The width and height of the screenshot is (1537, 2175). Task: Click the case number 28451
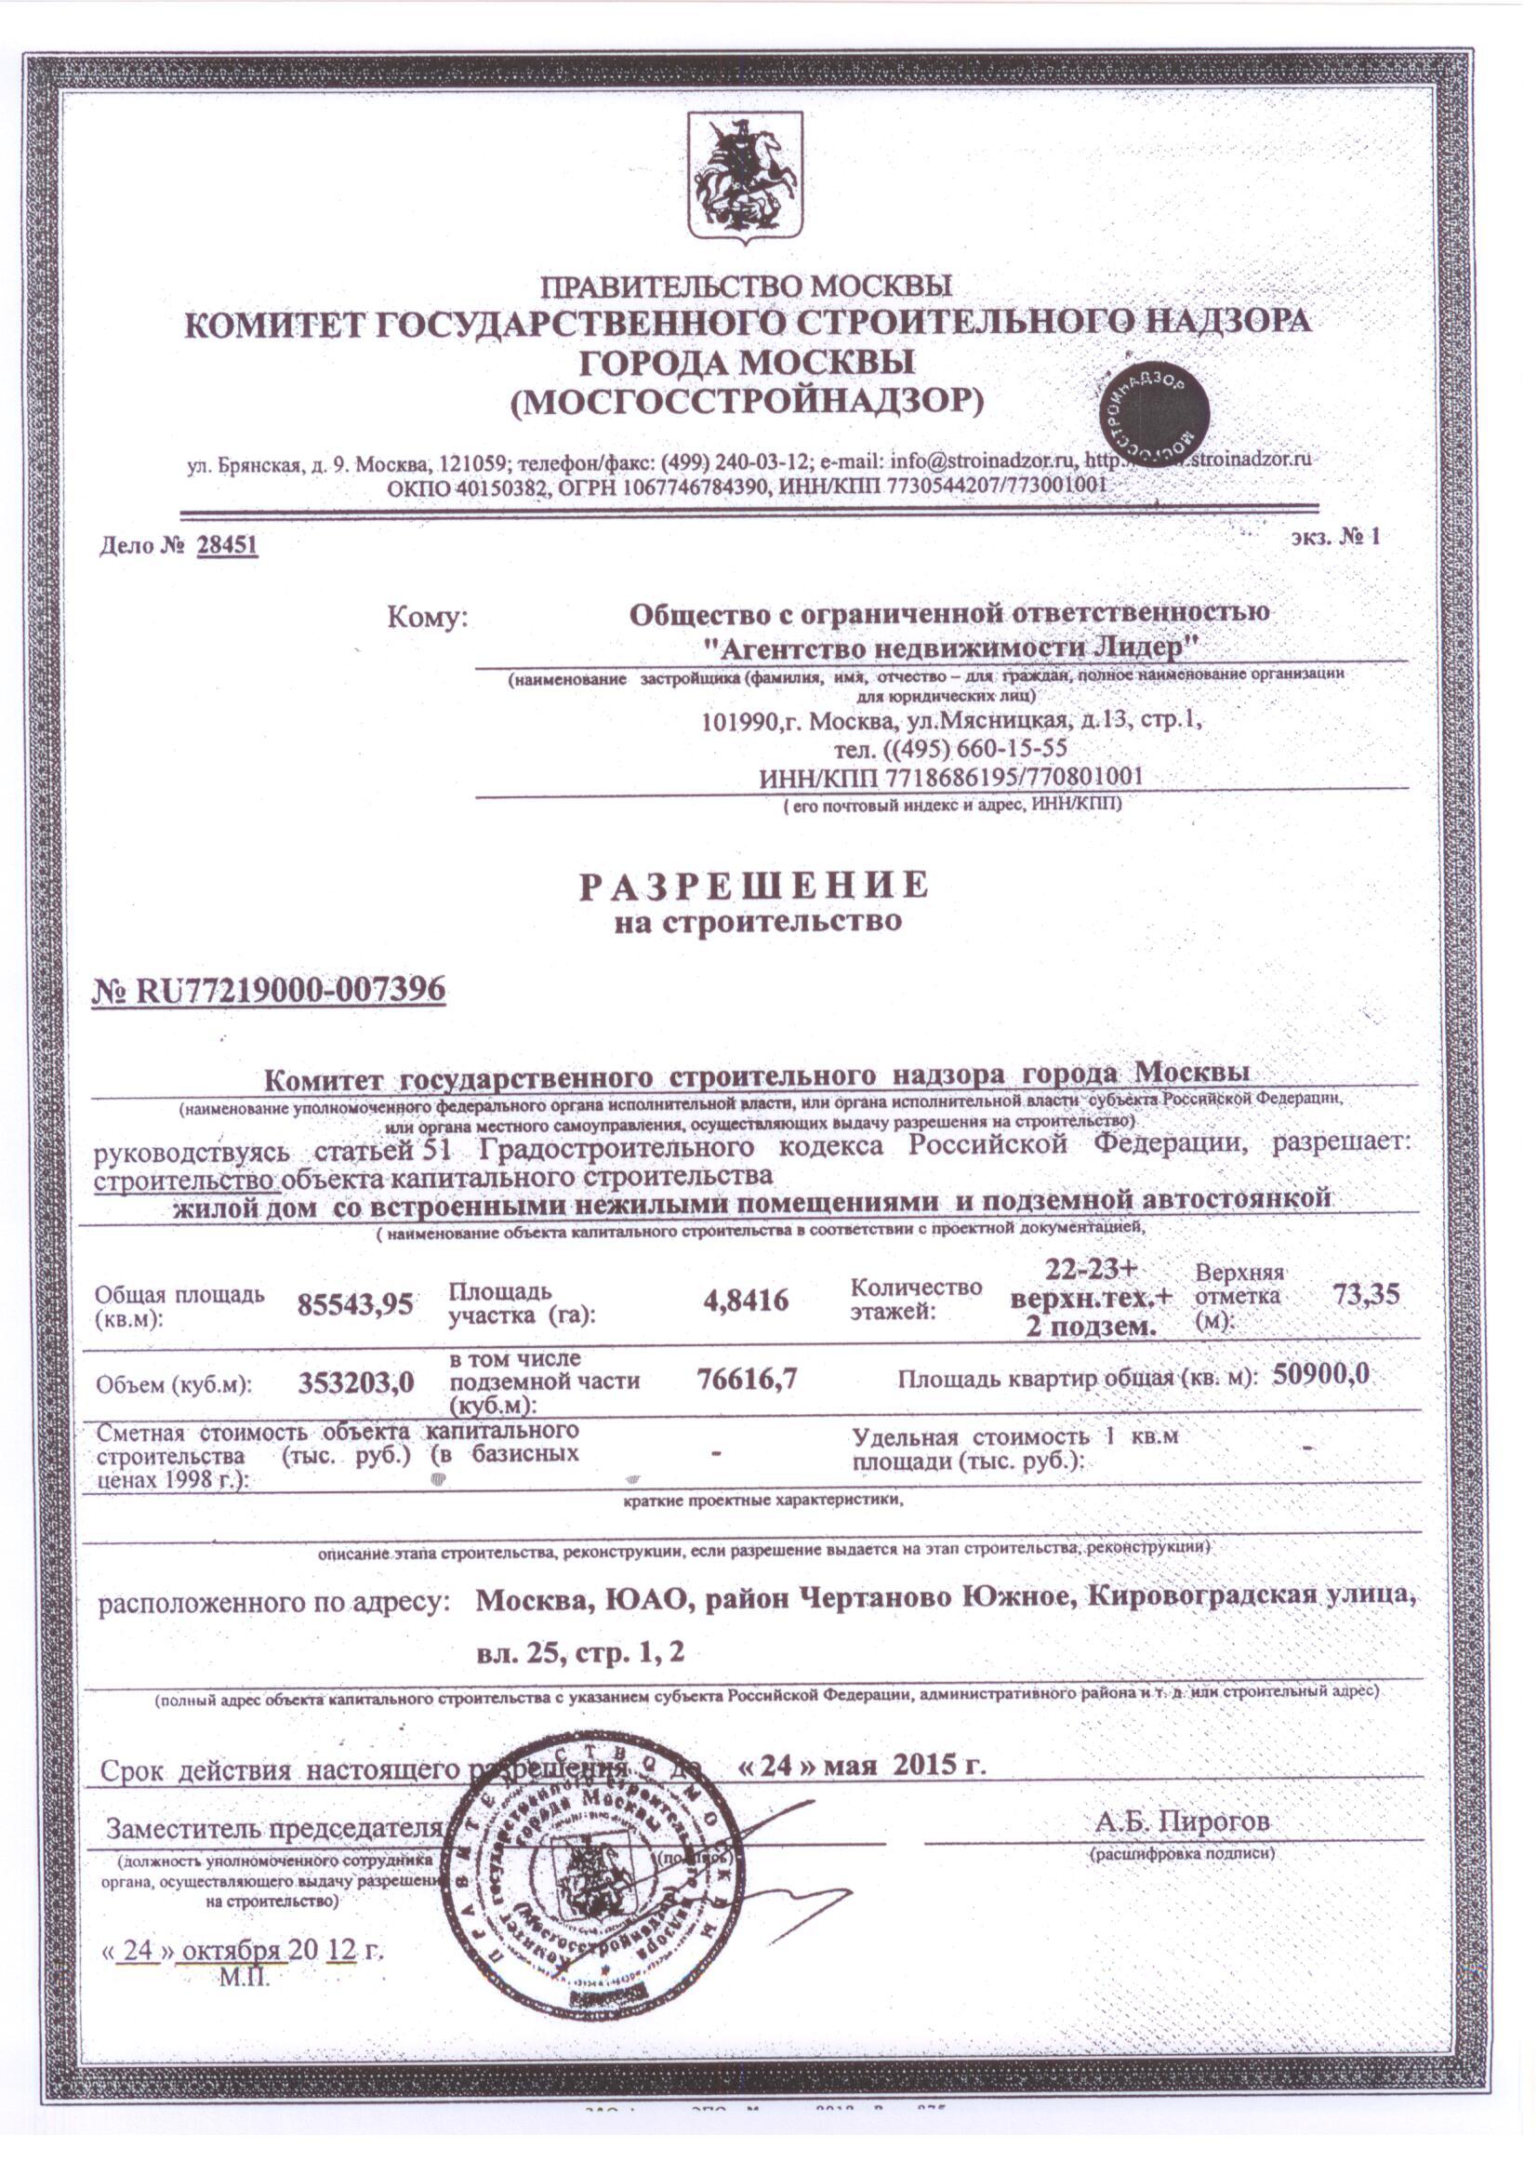[227, 547]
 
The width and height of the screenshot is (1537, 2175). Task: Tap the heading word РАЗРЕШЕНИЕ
[755, 885]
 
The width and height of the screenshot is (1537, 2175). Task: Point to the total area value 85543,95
[355, 1304]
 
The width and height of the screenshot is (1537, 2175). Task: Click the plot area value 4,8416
[746, 1300]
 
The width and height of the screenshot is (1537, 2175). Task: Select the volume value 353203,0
[356, 1383]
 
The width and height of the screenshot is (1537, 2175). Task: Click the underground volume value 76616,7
[747, 1379]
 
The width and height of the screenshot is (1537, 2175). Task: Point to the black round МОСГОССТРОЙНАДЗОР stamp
[1154, 414]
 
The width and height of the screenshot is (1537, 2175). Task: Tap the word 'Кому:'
[428, 619]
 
